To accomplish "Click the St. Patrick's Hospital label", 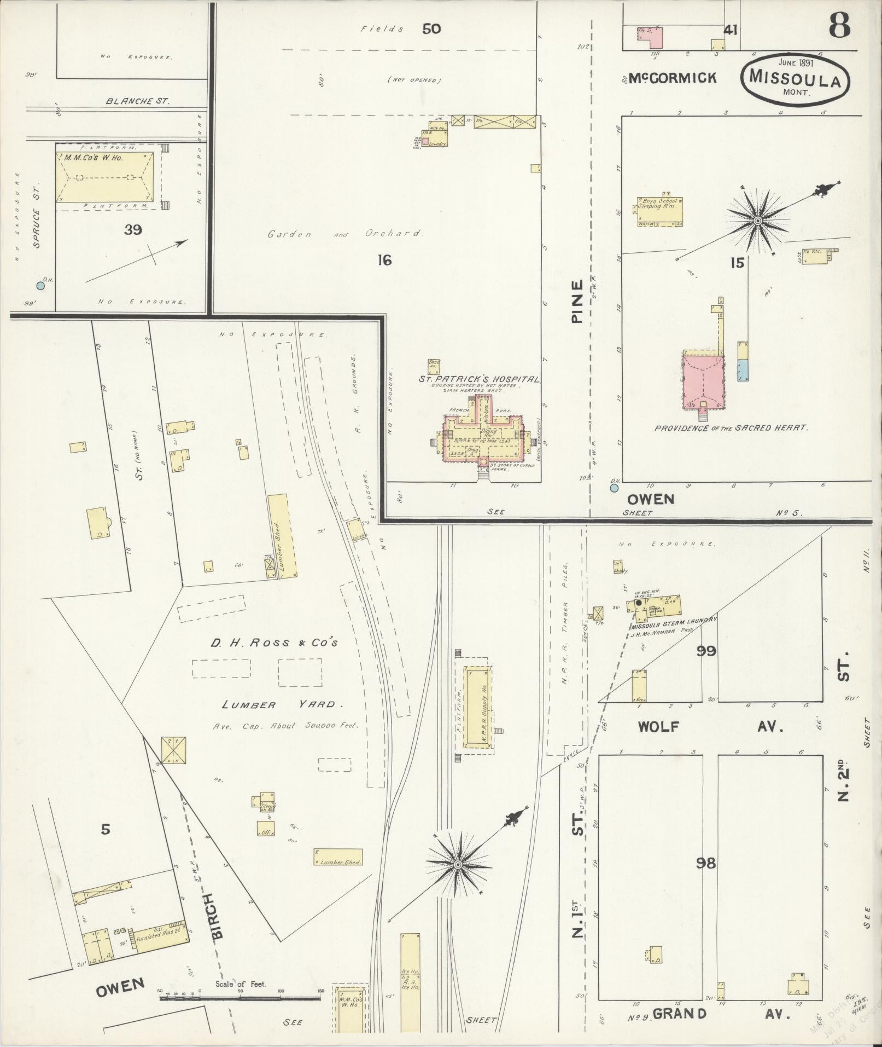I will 479,379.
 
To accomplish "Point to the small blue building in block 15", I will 742,371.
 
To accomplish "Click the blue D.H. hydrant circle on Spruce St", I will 40,285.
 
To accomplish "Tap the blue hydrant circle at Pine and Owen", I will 614,487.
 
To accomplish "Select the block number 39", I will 133,230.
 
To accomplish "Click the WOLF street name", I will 658,727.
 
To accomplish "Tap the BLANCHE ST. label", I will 138,101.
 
